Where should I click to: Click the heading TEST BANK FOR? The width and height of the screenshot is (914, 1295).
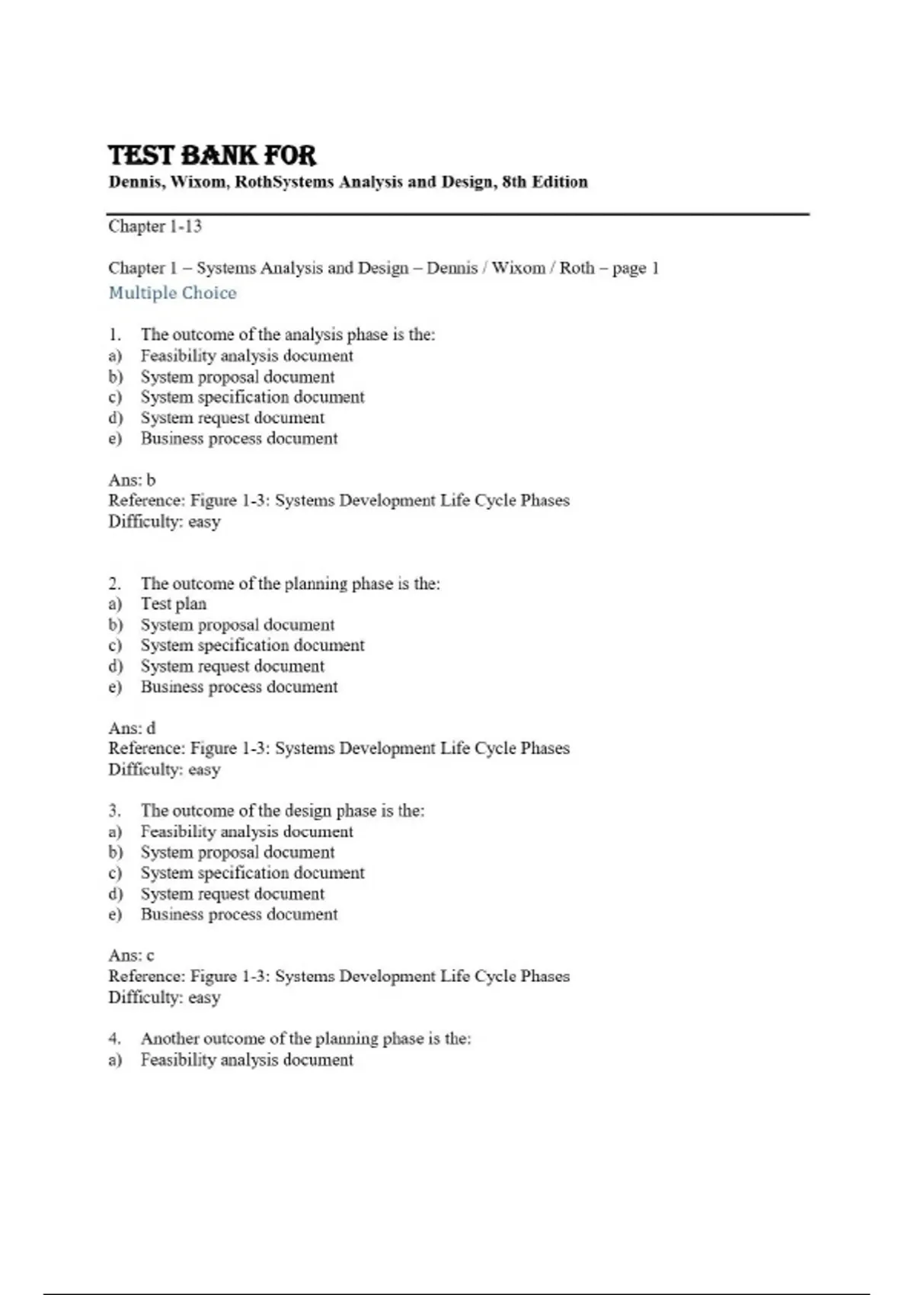tap(212, 155)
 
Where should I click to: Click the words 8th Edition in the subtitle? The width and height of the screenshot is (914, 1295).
tap(545, 182)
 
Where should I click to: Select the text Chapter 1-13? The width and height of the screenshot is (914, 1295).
tap(155, 226)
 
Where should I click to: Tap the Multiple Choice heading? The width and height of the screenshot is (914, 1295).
tap(172, 293)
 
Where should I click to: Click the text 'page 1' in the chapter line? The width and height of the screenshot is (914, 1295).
tap(635, 268)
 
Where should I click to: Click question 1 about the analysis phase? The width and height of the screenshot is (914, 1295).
tap(287, 334)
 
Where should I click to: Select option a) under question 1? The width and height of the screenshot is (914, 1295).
tap(246, 356)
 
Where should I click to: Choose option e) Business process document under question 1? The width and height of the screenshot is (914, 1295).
tap(238, 439)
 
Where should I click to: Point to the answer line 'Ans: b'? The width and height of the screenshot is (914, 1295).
tap(132, 480)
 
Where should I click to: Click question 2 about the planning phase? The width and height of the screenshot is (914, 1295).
tap(289, 584)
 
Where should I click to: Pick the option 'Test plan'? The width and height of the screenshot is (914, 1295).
tap(173, 604)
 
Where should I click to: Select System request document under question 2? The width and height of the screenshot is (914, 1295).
tap(232, 667)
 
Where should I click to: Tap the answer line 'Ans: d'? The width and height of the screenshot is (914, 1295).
tap(132, 728)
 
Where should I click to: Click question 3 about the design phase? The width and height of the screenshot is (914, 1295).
tap(282, 811)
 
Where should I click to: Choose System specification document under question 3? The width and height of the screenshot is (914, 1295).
tap(252, 873)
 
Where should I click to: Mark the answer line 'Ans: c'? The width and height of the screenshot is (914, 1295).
tap(131, 955)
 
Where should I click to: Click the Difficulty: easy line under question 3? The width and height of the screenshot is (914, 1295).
tap(164, 998)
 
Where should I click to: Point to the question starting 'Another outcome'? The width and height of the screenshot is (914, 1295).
tap(305, 1039)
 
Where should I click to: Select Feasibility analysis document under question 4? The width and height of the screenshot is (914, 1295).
tap(246, 1060)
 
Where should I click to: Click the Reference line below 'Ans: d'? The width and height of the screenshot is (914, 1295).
tap(338, 749)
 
